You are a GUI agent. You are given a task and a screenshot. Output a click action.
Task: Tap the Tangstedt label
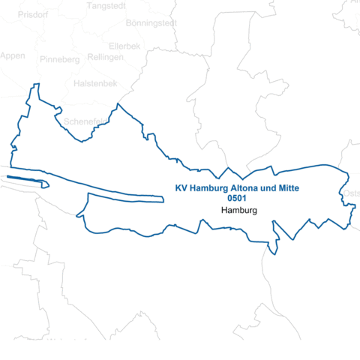107,5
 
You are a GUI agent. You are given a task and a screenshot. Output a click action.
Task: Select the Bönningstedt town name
151,23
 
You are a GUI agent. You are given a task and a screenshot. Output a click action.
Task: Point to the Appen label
13,55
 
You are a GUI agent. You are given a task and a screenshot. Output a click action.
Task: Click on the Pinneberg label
61,59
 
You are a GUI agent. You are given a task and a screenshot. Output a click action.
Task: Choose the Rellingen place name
105,56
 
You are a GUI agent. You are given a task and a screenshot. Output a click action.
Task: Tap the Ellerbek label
124,45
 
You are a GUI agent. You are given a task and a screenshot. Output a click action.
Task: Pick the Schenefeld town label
85,121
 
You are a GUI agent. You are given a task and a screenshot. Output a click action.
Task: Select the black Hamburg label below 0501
240,211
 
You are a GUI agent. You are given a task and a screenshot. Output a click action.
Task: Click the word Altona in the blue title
247,188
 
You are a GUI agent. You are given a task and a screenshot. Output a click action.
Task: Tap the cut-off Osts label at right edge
352,194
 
